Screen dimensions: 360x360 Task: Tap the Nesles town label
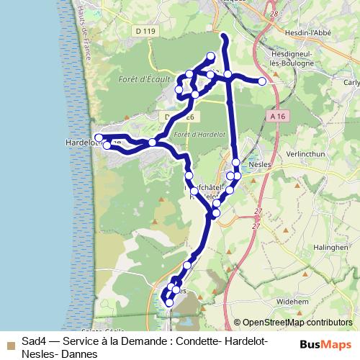(x=258, y=164)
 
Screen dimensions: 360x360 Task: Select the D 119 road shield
(x=145, y=51)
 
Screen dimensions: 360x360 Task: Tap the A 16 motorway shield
(x=279, y=115)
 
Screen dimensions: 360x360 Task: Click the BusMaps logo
(x=325, y=344)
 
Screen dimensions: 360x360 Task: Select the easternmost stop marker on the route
(x=262, y=81)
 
